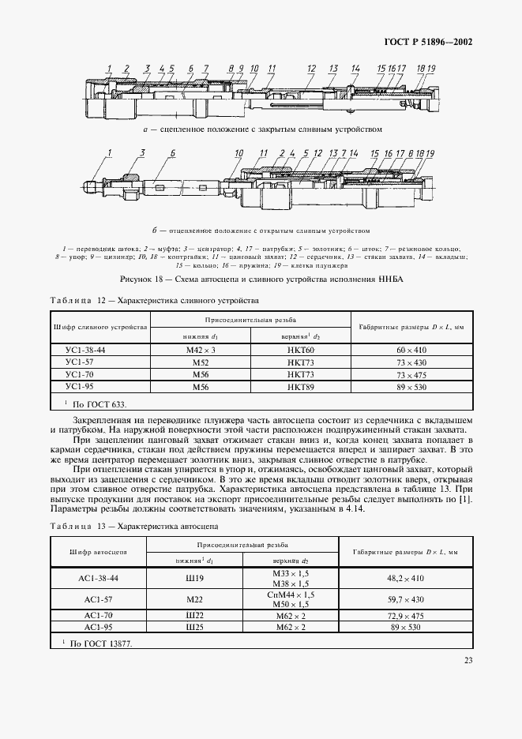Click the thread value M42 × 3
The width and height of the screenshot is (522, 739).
tap(200, 350)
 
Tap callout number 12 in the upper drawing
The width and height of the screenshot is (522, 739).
tap(311, 68)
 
